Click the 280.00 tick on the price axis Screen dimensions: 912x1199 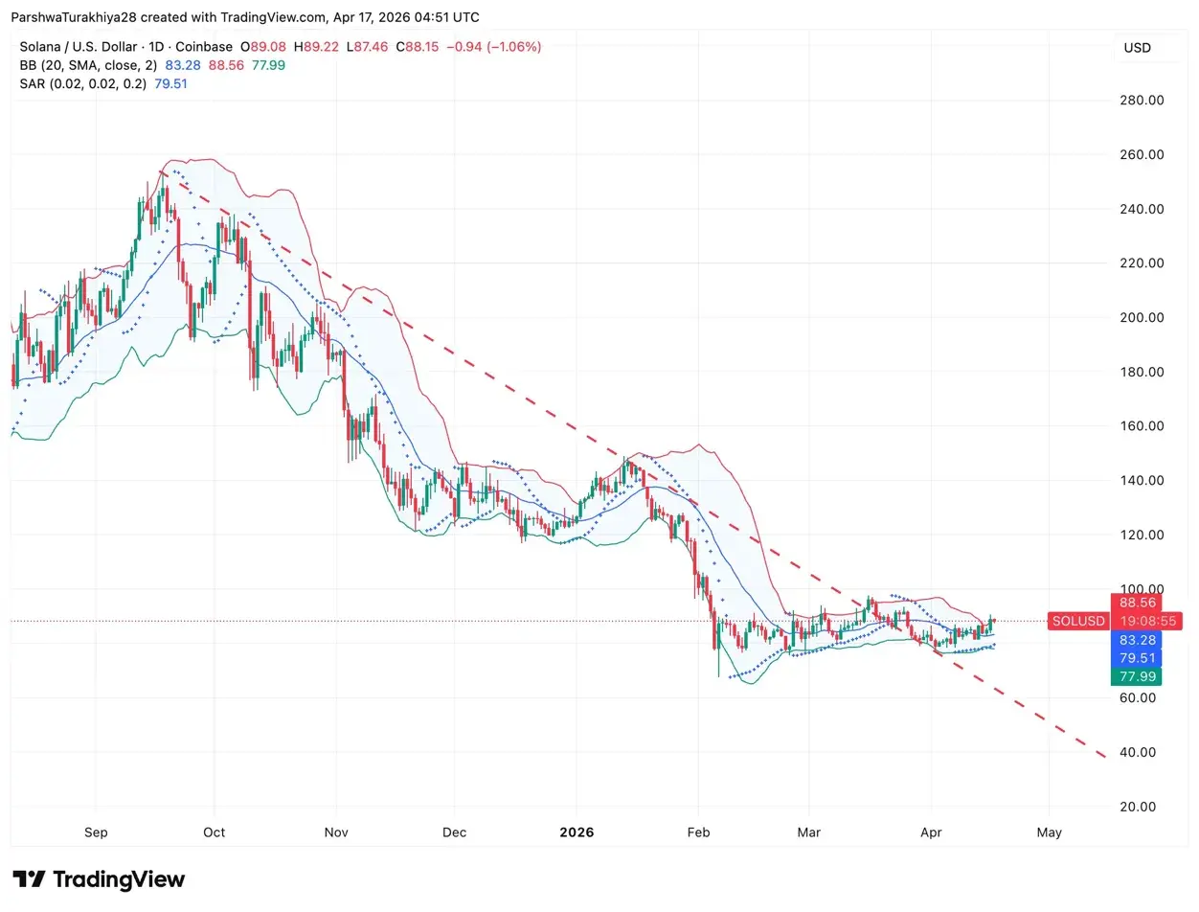(1142, 100)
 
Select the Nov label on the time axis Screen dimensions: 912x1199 (335, 832)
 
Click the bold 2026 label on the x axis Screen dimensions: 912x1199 (577, 832)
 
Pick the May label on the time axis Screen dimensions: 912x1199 (1049, 832)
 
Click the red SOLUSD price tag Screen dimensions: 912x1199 (1077, 621)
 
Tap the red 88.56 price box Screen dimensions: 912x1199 (1136, 603)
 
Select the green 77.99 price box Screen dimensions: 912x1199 (1136, 676)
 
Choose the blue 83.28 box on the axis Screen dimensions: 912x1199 (1136, 639)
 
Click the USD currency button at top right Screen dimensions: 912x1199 (1137, 48)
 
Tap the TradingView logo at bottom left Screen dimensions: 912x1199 (99, 879)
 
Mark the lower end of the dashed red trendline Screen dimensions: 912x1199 (1105, 758)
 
